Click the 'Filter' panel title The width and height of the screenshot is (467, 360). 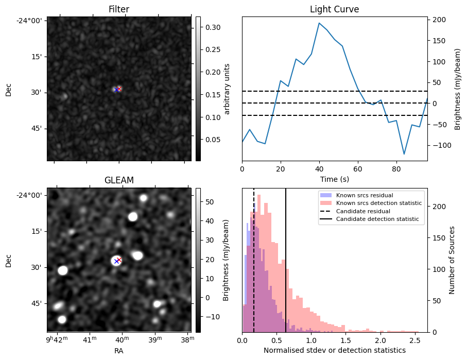tap(118, 9)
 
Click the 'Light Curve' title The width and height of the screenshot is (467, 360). tap(334, 9)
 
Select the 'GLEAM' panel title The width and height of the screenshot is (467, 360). tap(118, 180)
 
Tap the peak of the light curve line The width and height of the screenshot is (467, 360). tap(319, 23)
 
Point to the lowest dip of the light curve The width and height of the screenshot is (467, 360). tap(404, 154)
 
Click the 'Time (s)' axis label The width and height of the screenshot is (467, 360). tap(334, 178)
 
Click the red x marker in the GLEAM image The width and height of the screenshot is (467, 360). tap(119, 260)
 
